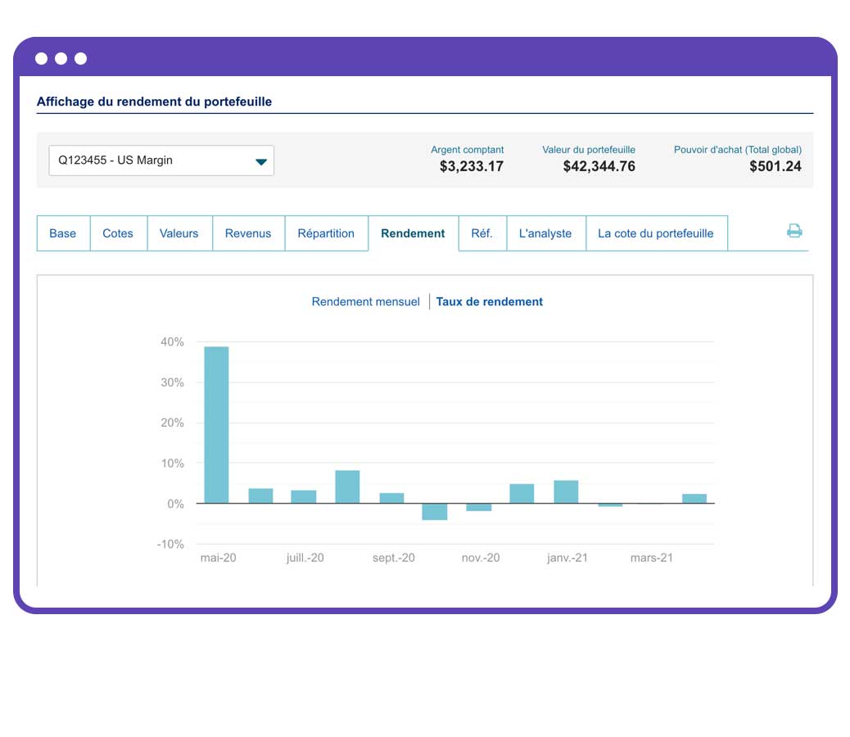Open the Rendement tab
[413, 233]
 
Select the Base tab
[62, 233]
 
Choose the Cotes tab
[118, 233]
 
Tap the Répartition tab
[326, 233]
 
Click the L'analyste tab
[545, 233]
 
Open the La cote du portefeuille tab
[655, 233]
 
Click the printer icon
[794, 231]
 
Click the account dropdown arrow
[261, 161]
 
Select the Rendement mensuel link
[365, 301]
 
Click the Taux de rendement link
[489, 301]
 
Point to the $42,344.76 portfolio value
[599, 167]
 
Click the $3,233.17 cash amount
[471, 167]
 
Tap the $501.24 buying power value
[775, 167]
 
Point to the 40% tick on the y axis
[172, 342]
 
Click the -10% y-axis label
[170, 545]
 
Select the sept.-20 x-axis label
[393, 558]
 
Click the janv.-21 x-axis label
[567, 558]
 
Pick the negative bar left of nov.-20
[434, 512]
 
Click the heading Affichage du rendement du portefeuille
[154, 102]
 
